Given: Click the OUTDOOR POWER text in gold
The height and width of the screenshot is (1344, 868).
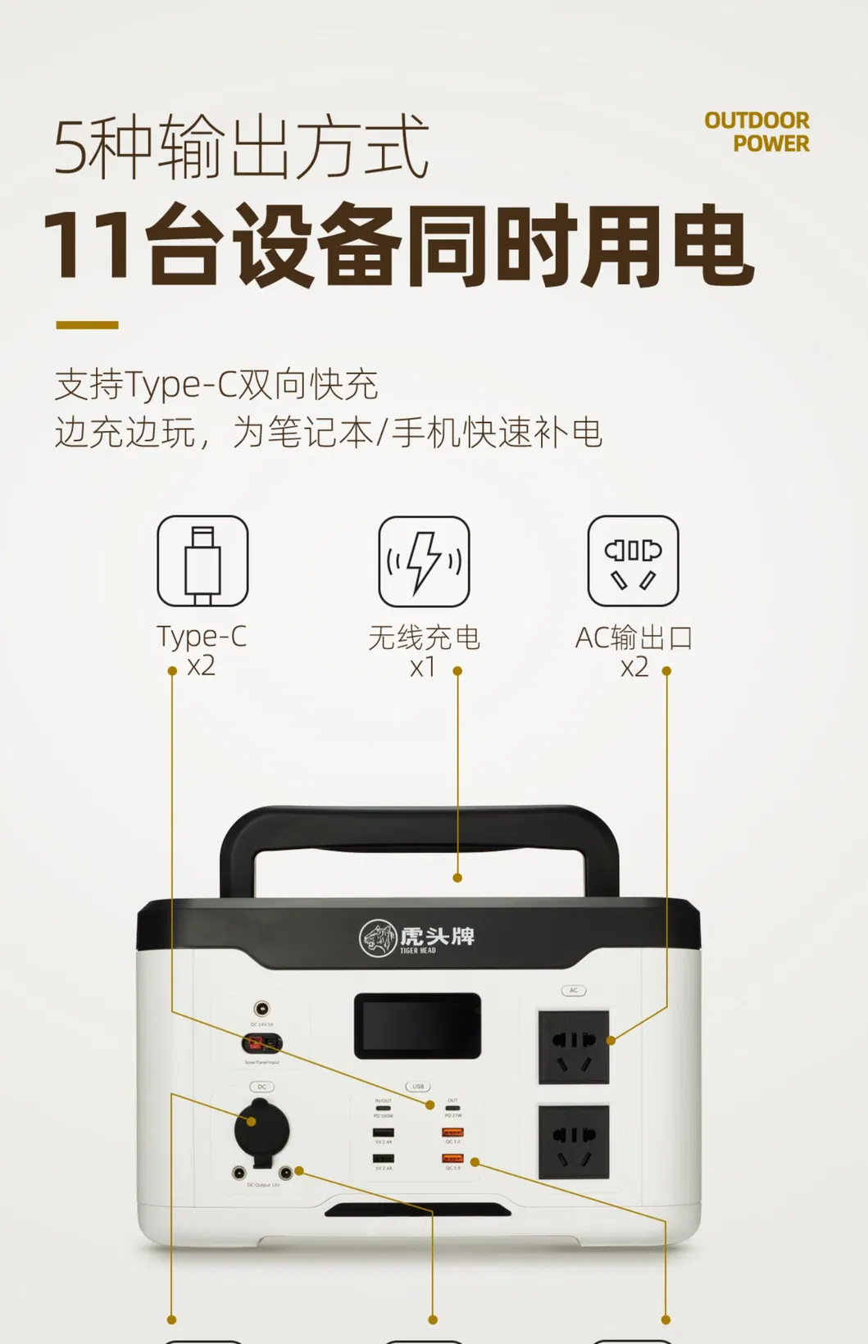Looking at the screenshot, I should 757,132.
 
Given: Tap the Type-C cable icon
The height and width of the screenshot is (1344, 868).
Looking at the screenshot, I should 202,561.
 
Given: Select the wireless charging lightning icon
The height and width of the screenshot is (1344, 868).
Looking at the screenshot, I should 424,561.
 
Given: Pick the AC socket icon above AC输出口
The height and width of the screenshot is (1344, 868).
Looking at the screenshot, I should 633,561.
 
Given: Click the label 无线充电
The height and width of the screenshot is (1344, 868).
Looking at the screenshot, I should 424,637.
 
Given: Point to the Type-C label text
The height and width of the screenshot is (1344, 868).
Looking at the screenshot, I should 202,637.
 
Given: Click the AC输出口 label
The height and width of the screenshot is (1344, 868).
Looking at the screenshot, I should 634,637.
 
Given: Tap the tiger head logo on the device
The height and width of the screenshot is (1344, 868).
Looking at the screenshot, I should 378,938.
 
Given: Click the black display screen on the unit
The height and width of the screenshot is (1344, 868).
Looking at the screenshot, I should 417,1025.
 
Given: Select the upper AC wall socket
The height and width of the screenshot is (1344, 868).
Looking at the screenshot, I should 574,1047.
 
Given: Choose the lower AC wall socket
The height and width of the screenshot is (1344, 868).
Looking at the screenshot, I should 574,1142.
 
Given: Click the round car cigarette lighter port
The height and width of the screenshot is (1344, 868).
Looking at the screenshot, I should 261,1129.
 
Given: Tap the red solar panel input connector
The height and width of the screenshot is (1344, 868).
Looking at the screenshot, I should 255,1043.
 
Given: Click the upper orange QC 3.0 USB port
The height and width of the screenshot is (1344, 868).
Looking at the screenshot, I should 452,1133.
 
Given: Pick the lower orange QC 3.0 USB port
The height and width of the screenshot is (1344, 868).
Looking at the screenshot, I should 452,1159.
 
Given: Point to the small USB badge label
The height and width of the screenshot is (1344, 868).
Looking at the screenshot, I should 418,1087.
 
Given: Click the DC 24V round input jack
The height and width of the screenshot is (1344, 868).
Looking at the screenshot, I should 261,1009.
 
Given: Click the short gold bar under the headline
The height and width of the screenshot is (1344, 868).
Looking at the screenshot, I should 87,325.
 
